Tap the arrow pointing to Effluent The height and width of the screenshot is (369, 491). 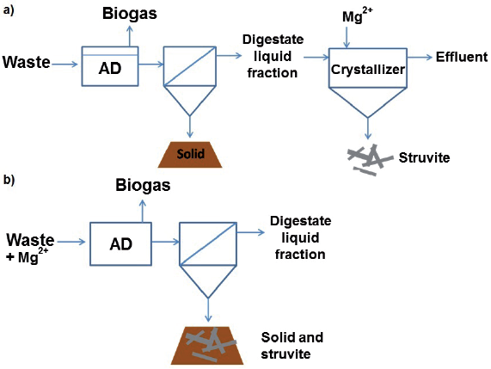419,58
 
